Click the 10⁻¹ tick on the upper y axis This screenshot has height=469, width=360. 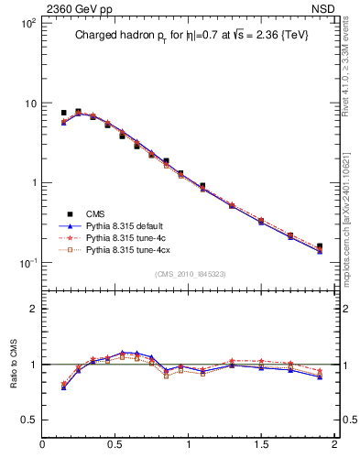(x=27, y=263)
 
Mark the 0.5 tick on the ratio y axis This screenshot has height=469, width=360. (x=29, y=420)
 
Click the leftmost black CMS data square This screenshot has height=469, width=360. (x=63, y=113)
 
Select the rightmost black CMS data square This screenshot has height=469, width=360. (x=319, y=246)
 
